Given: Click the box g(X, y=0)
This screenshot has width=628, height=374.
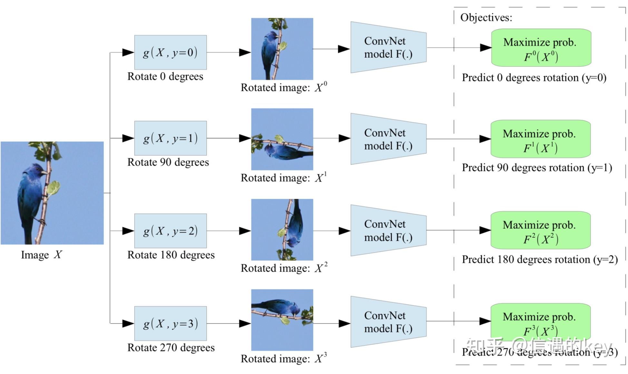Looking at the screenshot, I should pyautogui.click(x=170, y=52).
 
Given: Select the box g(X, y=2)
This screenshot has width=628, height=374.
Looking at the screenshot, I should pyautogui.click(x=170, y=231).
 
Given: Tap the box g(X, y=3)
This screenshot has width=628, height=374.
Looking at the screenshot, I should pyautogui.click(x=170, y=323).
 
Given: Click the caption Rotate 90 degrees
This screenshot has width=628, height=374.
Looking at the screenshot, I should pyautogui.click(x=168, y=162).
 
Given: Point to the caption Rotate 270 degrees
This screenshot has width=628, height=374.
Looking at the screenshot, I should pyautogui.click(x=171, y=347).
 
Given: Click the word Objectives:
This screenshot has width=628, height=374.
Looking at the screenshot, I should pyautogui.click(x=486, y=17).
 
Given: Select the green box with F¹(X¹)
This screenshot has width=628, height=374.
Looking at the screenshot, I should pyautogui.click(x=540, y=139).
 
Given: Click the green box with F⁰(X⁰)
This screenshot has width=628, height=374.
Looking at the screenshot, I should pyautogui.click(x=541, y=48).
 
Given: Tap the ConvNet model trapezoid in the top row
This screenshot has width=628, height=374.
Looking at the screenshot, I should pyautogui.click(x=388, y=47).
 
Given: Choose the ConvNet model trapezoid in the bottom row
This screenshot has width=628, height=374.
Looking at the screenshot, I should pyautogui.click(x=388, y=322).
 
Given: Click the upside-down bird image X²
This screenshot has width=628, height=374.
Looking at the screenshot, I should pyautogui.click(x=282, y=229).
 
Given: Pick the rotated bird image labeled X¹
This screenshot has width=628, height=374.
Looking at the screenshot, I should pyautogui.click(x=282, y=139).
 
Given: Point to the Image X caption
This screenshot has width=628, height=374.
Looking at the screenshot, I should pyautogui.click(x=41, y=255).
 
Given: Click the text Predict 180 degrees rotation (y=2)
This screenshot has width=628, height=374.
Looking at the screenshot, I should pyautogui.click(x=539, y=259).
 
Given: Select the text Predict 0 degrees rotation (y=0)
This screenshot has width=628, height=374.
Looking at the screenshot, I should pyautogui.click(x=534, y=78).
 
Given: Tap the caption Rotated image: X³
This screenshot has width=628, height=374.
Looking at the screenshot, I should pyautogui.click(x=284, y=358).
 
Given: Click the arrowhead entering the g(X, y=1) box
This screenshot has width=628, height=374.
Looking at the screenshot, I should pyautogui.click(x=128, y=138).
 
